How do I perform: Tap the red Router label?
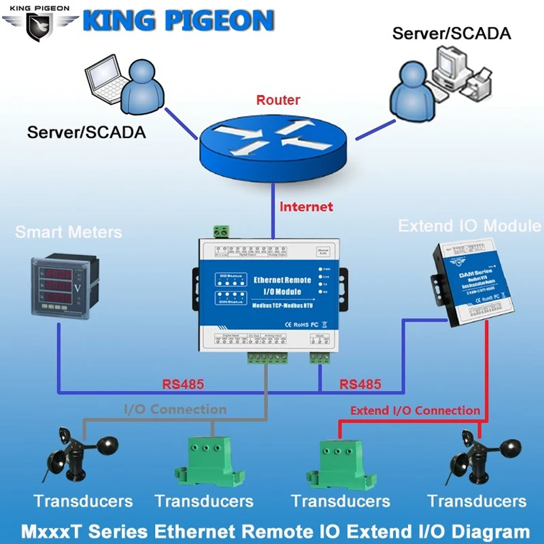[278, 100]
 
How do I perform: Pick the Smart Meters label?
[69, 232]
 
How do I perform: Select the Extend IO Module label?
[470, 226]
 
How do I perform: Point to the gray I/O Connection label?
[175, 409]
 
